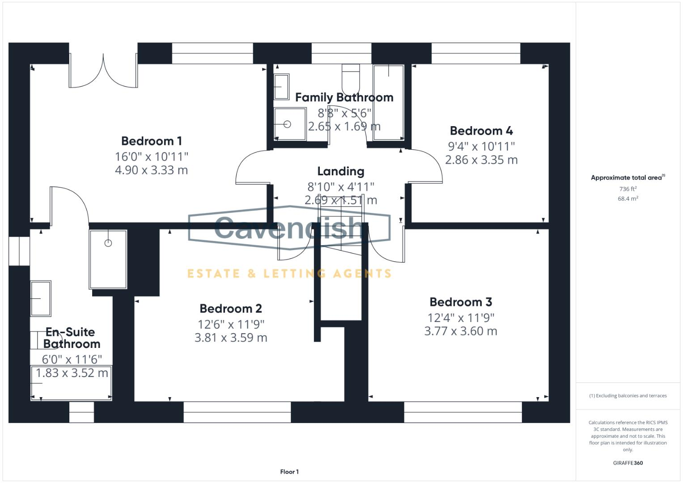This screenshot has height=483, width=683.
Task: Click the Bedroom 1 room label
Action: click(x=152, y=141)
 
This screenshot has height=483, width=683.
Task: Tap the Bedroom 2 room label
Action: click(x=231, y=309)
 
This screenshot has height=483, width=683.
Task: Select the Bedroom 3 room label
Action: click(x=461, y=302)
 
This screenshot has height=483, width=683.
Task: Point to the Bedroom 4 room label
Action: click(x=481, y=131)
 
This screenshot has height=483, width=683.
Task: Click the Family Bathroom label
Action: click(x=344, y=97)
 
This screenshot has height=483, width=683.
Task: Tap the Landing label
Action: click(x=341, y=171)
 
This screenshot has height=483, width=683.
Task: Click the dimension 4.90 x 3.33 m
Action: click(x=152, y=170)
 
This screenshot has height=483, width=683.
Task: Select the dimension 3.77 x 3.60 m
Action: click(x=461, y=331)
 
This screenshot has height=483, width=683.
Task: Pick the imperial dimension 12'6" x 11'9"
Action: click(x=231, y=324)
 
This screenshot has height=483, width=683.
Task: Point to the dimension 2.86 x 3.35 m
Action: click(x=481, y=160)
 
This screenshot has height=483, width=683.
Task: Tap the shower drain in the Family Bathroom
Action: click(x=287, y=124)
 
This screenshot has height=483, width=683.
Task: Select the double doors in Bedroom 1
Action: click(x=103, y=72)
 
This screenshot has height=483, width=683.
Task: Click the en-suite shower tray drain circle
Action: click(x=108, y=243)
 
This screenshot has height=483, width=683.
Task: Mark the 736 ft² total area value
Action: click(x=628, y=189)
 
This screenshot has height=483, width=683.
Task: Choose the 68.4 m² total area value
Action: click(x=628, y=199)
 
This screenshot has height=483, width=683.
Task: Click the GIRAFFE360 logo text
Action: click(x=628, y=463)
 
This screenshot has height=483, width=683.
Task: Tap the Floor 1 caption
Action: click(x=289, y=472)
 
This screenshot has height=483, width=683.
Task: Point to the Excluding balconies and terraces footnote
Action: click(x=628, y=396)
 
